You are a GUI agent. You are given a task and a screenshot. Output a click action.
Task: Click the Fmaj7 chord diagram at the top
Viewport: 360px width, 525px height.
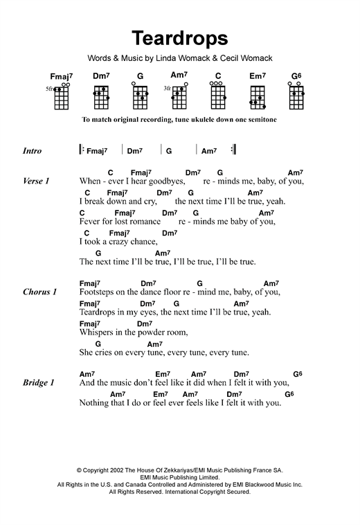click(x=61, y=98)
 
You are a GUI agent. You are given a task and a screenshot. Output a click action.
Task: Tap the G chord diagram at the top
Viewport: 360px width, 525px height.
click(x=140, y=98)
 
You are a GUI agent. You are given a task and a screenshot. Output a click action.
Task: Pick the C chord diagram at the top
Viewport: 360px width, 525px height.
click(x=217, y=98)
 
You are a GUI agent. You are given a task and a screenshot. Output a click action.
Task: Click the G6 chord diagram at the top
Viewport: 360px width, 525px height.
click(x=296, y=98)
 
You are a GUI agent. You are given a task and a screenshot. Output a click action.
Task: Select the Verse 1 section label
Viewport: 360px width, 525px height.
click(x=36, y=181)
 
